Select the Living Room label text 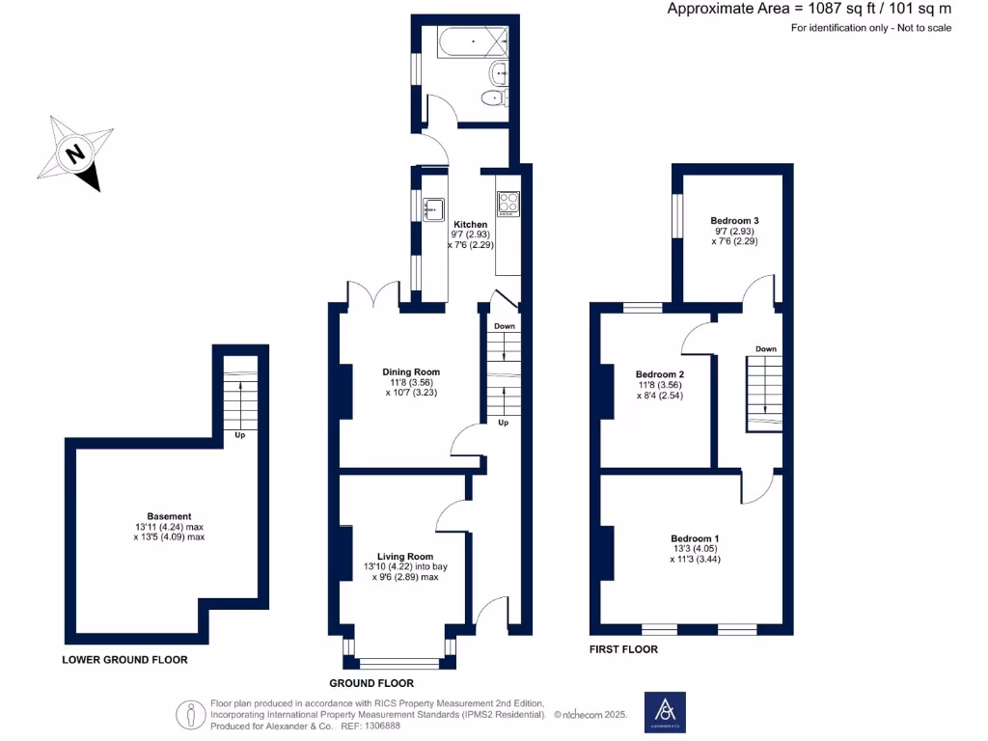[405, 557]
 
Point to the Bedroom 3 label [734, 221]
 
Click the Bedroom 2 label [660, 374]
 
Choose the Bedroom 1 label [695, 538]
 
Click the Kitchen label [471, 225]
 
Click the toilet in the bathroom [496, 98]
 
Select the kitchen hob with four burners [508, 203]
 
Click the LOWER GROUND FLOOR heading [124, 660]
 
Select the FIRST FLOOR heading [623, 649]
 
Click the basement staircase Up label [238, 434]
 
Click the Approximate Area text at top [809, 9]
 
